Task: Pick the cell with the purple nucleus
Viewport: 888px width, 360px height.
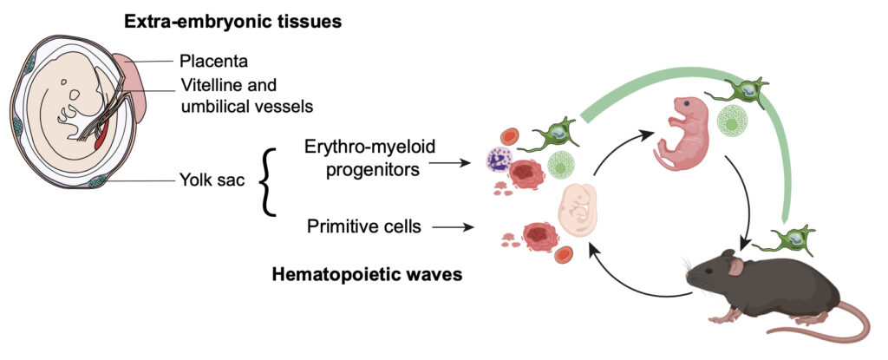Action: [500, 162]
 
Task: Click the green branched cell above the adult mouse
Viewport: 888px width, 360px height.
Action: [782, 244]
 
